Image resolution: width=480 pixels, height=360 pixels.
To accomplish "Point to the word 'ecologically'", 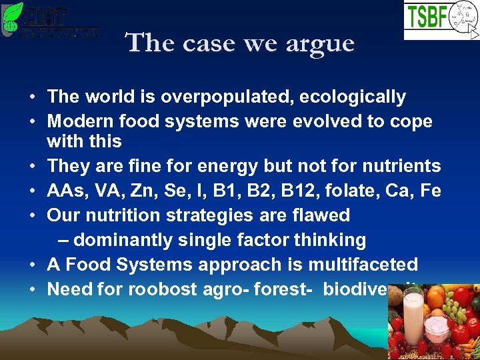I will point(353,97).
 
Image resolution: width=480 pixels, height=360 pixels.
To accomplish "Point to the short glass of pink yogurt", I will point(437,330).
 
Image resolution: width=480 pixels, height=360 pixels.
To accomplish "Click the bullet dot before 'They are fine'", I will point(33,166).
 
